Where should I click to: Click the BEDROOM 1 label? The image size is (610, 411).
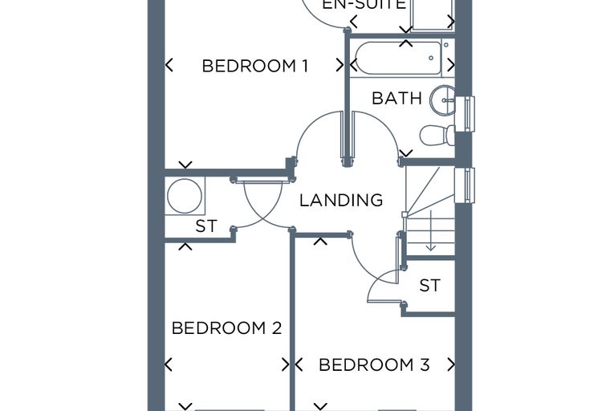[255, 66]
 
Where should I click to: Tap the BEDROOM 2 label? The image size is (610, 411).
[226, 328]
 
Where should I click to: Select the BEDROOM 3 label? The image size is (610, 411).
[374, 364]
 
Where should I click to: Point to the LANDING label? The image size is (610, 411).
[341, 200]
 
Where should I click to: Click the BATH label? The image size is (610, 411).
[396, 98]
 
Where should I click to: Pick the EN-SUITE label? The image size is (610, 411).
[364, 5]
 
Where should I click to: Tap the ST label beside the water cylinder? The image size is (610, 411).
[206, 226]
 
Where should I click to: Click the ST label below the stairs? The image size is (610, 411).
[430, 285]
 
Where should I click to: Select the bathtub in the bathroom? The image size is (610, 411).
[398, 58]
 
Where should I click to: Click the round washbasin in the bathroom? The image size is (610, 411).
[442, 100]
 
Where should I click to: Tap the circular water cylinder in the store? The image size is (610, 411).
[185, 196]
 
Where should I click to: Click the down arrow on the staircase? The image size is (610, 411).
[431, 230]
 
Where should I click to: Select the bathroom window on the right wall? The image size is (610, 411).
[465, 114]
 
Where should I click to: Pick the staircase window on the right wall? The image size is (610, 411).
[465, 185]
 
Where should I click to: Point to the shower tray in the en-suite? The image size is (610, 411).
[433, 14]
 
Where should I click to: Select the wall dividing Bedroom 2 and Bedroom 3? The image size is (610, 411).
[292, 320]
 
